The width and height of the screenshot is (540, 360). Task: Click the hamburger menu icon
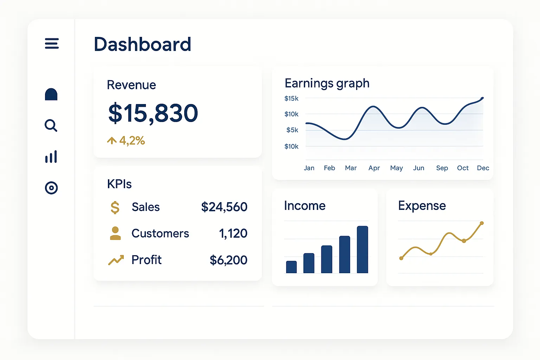tap(52, 44)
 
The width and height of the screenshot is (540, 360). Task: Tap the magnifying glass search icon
tap(51, 125)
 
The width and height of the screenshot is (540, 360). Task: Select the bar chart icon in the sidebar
tap(51, 157)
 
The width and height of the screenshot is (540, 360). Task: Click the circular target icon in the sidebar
tap(51, 188)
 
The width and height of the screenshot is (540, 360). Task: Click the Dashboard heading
tap(142, 45)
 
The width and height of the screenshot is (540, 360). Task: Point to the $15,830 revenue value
tap(153, 114)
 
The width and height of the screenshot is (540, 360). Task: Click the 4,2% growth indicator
tap(126, 141)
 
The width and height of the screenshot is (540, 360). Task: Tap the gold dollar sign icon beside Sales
tap(115, 207)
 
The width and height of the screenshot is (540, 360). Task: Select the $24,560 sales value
tap(224, 207)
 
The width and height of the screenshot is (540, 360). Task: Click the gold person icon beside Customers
tap(115, 233)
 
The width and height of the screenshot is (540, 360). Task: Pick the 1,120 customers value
tap(233, 233)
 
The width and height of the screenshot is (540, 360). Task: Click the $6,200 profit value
tap(228, 260)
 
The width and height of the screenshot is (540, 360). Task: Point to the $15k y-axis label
tap(291, 98)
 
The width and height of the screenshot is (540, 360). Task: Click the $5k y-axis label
tap(292, 130)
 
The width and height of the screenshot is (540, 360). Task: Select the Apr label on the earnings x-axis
tap(374, 168)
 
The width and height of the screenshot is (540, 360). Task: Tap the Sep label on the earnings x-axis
tap(442, 168)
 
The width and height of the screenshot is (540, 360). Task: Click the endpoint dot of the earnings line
tap(482, 98)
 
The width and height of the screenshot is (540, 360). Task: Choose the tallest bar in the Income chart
tap(362, 249)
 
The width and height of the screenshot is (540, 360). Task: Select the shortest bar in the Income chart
tap(291, 267)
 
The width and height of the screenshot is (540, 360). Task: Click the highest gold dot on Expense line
tap(482, 223)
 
